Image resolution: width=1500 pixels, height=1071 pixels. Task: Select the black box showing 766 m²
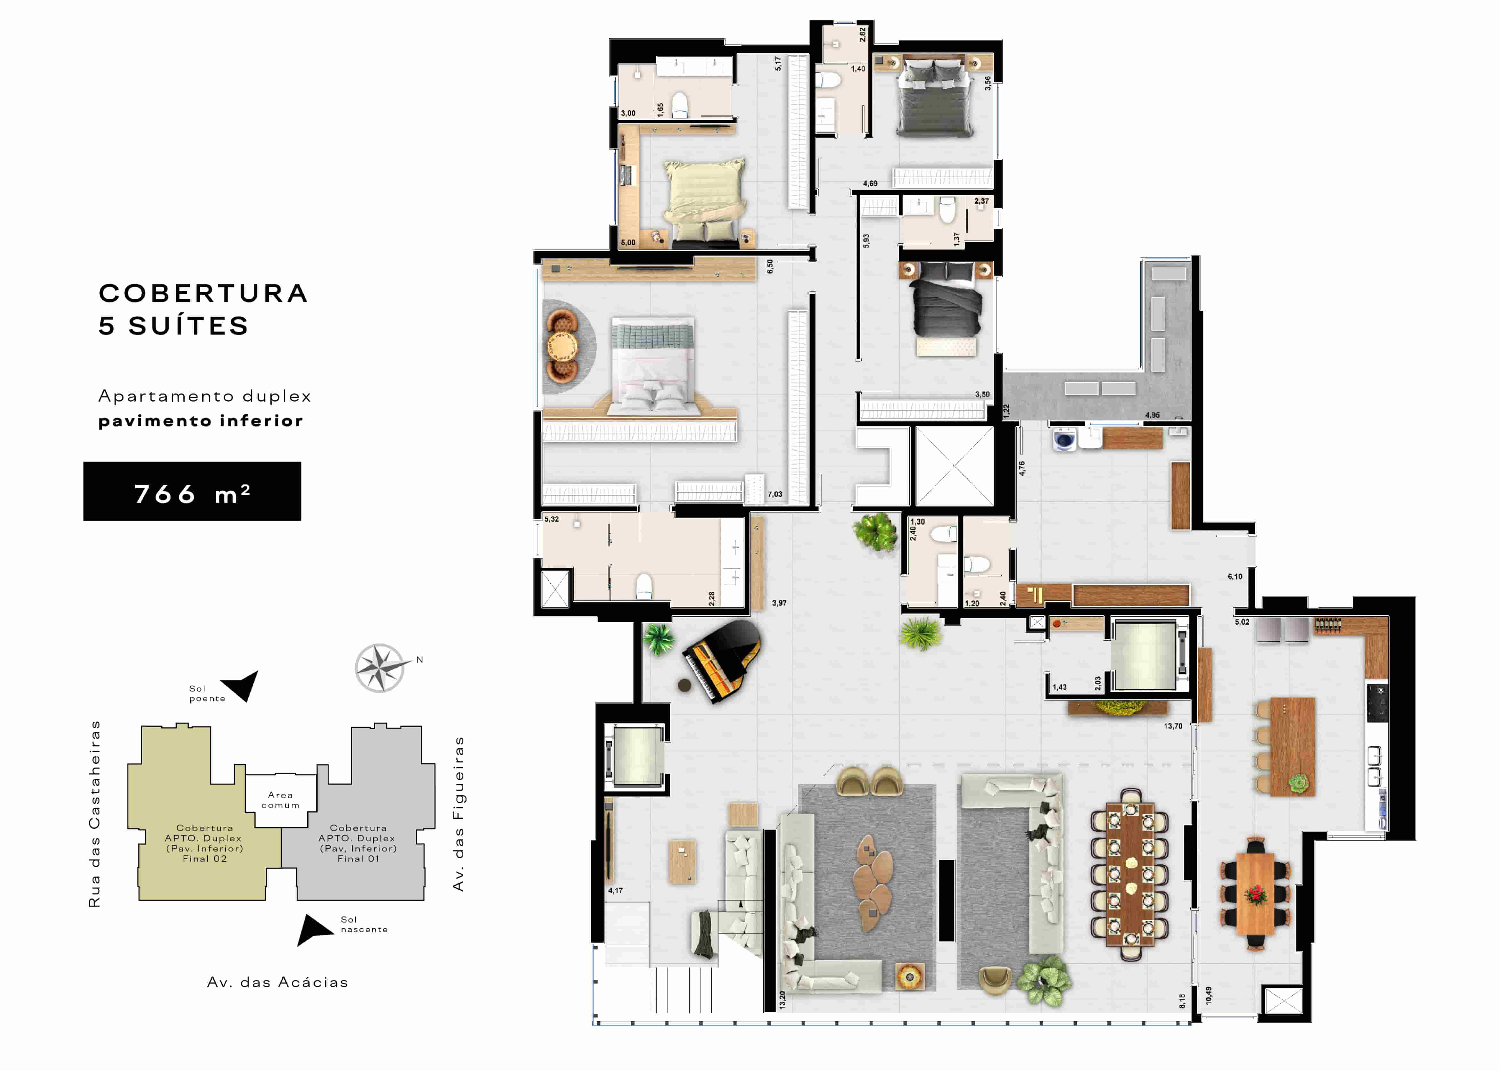[x=192, y=491]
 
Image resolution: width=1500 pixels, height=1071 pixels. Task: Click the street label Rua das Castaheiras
[x=95, y=814]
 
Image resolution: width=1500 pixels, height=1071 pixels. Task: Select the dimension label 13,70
[x=1173, y=726]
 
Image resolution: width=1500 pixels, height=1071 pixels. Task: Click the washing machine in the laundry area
[x=1064, y=439]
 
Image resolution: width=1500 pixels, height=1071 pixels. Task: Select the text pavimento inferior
[x=201, y=421]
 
